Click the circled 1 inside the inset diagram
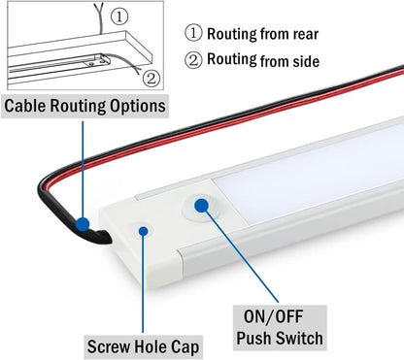click(146, 16)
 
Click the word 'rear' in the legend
click(299, 35)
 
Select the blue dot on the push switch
click(203, 205)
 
